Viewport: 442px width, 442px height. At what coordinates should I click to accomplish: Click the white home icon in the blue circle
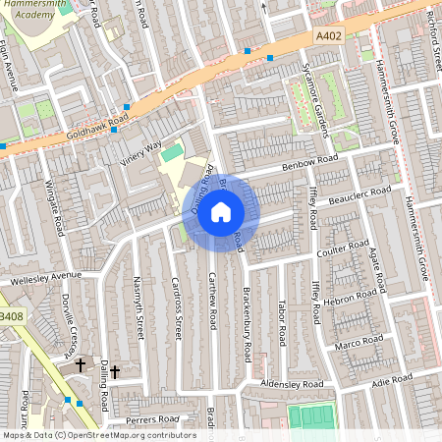[x=221, y=212]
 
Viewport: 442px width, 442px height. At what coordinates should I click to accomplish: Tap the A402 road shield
[x=329, y=35]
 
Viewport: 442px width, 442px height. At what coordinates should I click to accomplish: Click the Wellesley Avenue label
[x=46, y=278]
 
